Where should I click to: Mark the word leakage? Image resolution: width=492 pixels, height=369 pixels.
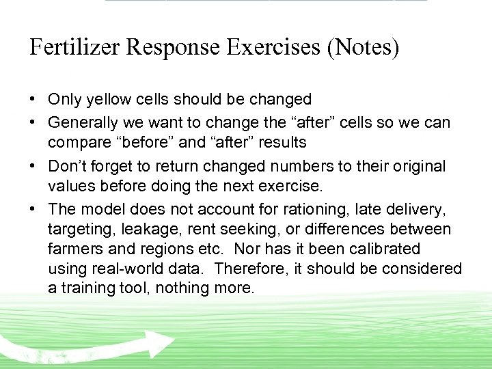(143, 229)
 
